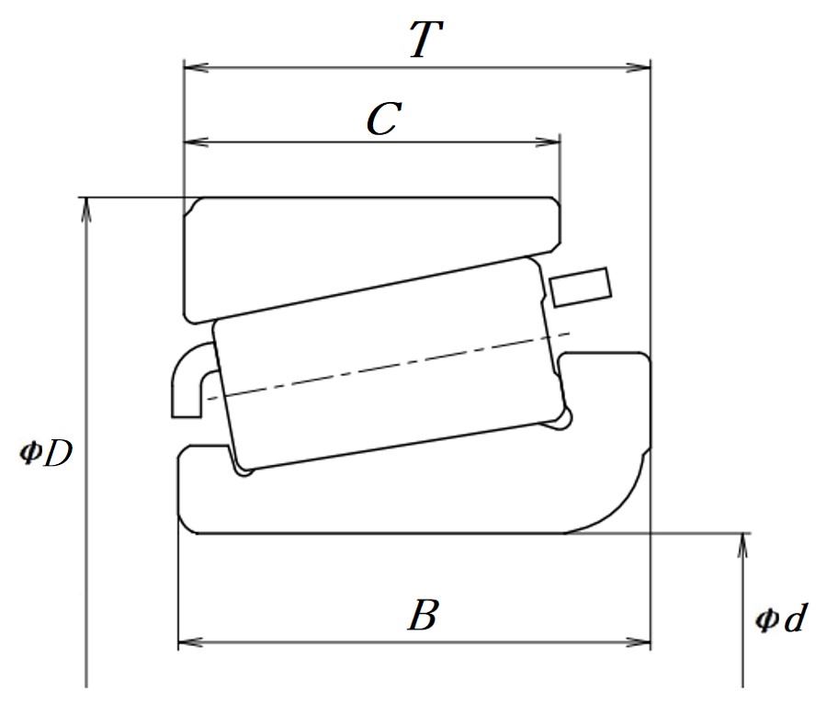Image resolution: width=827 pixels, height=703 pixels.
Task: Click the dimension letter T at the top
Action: (x=426, y=40)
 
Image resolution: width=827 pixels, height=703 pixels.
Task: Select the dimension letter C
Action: (x=384, y=119)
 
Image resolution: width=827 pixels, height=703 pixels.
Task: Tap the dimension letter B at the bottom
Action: (x=423, y=615)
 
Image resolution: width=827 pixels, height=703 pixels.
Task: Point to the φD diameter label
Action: (x=45, y=454)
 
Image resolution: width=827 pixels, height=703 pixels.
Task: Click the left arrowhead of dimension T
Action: (x=196, y=67)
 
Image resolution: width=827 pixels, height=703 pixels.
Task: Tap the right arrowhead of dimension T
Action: (x=638, y=67)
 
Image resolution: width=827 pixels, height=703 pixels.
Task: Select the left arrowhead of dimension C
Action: (x=196, y=142)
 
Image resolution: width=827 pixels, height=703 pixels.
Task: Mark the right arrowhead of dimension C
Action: (x=548, y=142)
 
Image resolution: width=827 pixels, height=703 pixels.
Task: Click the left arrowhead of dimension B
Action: (x=191, y=643)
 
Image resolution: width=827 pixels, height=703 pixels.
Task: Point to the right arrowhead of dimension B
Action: (x=638, y=643)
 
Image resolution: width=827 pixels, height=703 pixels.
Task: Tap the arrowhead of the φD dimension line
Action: (x=86, y=210)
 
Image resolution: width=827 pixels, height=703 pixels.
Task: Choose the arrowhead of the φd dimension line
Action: (x=742, y=546)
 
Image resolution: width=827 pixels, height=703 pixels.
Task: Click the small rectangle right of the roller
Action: (x=581, y=287)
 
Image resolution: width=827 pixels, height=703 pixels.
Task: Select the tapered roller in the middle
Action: (x=391, y=364)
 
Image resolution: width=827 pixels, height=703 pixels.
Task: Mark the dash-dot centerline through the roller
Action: (x=389, y=366)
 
